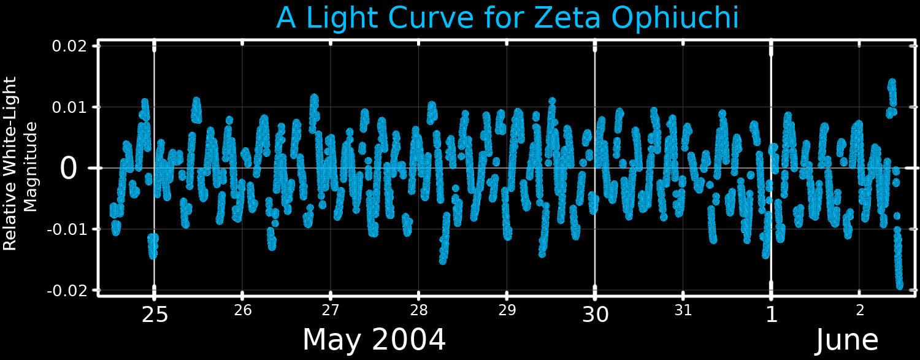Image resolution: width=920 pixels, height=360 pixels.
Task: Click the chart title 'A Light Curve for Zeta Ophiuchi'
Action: (507, 18)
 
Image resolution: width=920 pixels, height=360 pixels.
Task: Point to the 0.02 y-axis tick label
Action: (69, 46)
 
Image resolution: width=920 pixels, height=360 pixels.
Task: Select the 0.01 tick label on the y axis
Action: (69, 107)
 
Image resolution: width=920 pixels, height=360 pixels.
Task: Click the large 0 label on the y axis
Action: (68, 169)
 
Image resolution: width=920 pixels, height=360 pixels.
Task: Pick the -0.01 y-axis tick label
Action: (67, 229)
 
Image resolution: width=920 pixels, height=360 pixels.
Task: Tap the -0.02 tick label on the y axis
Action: (67, 291)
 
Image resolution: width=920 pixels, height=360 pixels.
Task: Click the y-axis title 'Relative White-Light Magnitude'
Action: (20, 163)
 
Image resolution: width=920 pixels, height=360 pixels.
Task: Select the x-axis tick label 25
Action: (155, 315)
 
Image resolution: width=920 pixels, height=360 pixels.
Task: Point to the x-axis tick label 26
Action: (243, 310)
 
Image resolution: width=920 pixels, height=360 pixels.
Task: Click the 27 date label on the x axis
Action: (331, 310)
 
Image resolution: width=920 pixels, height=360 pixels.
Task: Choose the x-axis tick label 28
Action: (419, 310)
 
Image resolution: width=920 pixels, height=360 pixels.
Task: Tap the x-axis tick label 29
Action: (507, 310)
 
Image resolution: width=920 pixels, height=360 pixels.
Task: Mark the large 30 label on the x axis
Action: (596, 315)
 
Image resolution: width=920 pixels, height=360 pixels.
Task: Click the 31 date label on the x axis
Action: (683, 310)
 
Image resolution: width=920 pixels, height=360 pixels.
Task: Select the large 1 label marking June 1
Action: (772, 315)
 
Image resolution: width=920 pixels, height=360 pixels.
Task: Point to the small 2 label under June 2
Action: (860, 310)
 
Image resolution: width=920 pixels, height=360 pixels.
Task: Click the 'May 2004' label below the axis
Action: (374, 340)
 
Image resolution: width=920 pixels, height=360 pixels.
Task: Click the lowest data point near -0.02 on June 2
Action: (900, 286)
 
